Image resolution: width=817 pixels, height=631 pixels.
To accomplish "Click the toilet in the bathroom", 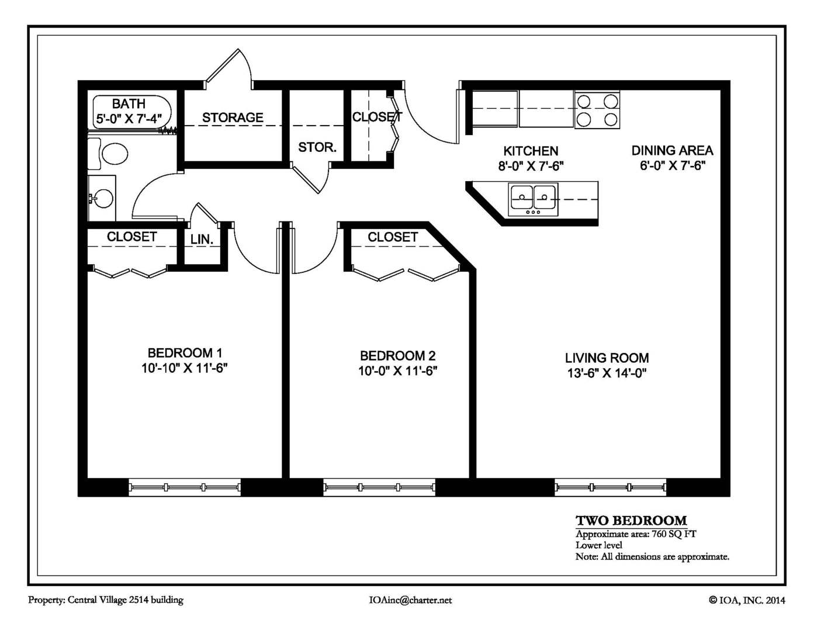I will coord(111,155).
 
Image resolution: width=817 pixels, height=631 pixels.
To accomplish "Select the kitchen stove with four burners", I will coord(597,110).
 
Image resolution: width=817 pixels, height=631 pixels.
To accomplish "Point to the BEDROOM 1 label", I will coord(184,353).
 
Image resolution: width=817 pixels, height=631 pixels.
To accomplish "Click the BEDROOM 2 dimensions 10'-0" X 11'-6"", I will coord(397,371).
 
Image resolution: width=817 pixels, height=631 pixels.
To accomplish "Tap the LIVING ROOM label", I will coord(607,358).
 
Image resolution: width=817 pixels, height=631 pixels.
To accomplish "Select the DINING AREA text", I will coord(672,151).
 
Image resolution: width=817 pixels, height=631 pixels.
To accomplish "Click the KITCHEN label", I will coord(531,151).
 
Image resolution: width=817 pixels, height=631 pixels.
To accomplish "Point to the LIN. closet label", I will coord(202,240).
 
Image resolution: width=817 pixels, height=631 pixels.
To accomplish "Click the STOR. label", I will coord(317,147).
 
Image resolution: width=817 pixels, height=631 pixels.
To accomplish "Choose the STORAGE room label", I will coord(233,118).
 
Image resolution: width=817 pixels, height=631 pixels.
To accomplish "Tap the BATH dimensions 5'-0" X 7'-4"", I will coord(129,119).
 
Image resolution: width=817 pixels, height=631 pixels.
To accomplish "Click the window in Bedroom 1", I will coord(184,487).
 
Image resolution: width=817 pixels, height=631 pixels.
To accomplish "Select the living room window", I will coord(610,487).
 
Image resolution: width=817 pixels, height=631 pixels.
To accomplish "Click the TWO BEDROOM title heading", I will coord(631,521).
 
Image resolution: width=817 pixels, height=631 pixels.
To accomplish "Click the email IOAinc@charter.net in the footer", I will coord(410,600).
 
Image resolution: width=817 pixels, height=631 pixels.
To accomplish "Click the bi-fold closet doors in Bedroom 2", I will coord(406,273).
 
